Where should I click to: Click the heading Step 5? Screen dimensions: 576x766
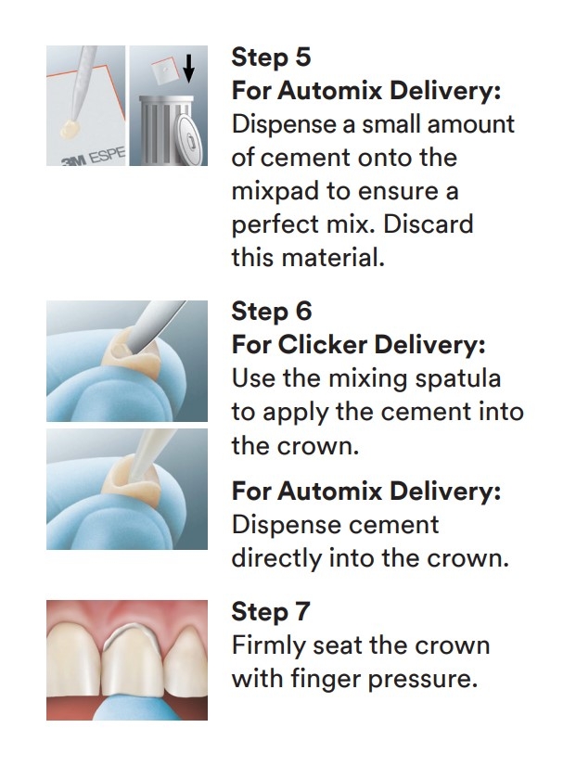point(271,57)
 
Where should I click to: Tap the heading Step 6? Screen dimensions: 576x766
point(272,312)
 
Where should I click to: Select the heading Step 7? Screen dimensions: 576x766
point(271,612)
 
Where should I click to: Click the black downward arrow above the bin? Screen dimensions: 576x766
point(188,68)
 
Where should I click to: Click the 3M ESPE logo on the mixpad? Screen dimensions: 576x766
point(94,157)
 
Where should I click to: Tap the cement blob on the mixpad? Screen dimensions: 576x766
point(70,129)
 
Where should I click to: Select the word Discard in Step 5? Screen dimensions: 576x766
point(428,224)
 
